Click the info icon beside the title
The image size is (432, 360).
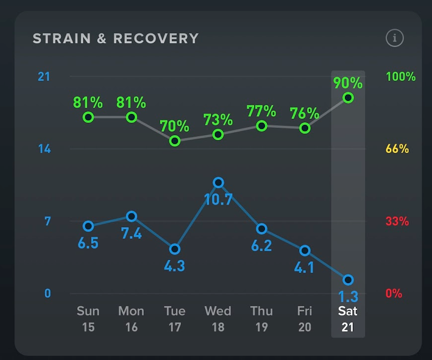click(395, 38)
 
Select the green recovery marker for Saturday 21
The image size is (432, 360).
click(348, 98)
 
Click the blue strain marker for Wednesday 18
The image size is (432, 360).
click(218, 183)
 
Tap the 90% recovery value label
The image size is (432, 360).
click(347, 83)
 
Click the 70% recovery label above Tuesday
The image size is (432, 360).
click(174, 126)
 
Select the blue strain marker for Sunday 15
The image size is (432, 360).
click(88, 226)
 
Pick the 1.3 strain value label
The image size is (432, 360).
click(348, 297)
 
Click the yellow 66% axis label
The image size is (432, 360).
click(397, 149)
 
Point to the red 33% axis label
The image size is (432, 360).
click(397, 221)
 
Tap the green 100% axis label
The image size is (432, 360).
click(400, 77)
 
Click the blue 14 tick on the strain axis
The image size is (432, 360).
click(45, 149)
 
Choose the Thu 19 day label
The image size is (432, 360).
click(261, 319)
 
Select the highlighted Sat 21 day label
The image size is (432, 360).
click(348, 319)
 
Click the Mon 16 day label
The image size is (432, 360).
click(131, 319)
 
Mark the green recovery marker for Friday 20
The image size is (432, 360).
click(305, 128)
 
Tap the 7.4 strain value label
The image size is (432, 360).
click(131, 233)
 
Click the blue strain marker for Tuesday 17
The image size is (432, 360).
click(174, 249)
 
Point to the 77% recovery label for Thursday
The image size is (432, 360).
click(261, 110)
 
